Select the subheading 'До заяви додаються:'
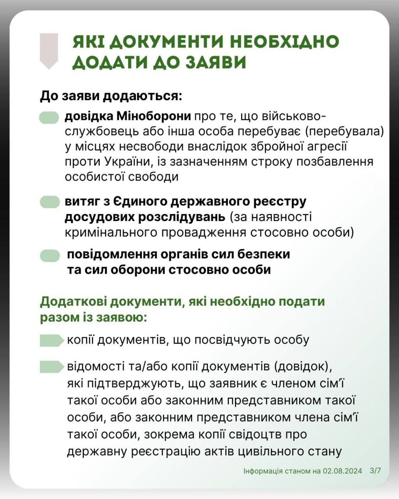click(111, 96)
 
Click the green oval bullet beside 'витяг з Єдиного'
click(50, 202)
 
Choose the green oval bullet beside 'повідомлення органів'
click(50, 255)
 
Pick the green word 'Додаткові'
click(73, 301)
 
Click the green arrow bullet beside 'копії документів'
click(51, 340)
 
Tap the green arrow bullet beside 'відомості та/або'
click(51, 367)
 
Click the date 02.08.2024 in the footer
click(343, 471)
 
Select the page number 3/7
click(376, 471)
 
